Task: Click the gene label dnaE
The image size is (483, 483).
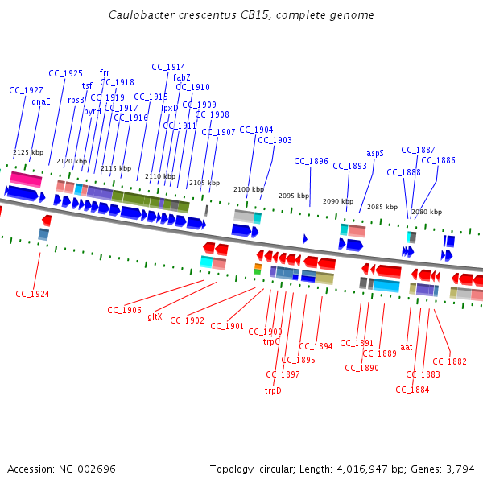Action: (x=41, y=101)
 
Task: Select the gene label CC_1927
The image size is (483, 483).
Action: (x=26, y=90)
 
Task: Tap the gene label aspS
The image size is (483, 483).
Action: (x=375, y=152)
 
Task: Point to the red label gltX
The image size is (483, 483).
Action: (x=155, y=316)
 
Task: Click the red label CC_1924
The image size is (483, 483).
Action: (x=32, y=294)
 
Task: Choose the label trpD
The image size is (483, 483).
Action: (x=273, y=390)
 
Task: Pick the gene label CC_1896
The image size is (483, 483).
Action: (x=311, y=161)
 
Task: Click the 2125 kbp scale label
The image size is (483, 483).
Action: (x=28, y=152)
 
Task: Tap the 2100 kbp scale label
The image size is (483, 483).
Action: (x=248, y=189)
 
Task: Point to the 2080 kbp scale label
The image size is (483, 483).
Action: (x=427, y=212)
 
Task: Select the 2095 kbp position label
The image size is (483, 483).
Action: (x=294, y=196)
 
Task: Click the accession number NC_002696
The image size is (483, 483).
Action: (x=84, y=469)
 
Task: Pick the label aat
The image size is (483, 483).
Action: (x=407, y=348)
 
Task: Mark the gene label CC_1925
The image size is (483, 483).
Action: (x=65, y=73)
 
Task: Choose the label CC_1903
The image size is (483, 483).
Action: (x=275, y=140)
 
